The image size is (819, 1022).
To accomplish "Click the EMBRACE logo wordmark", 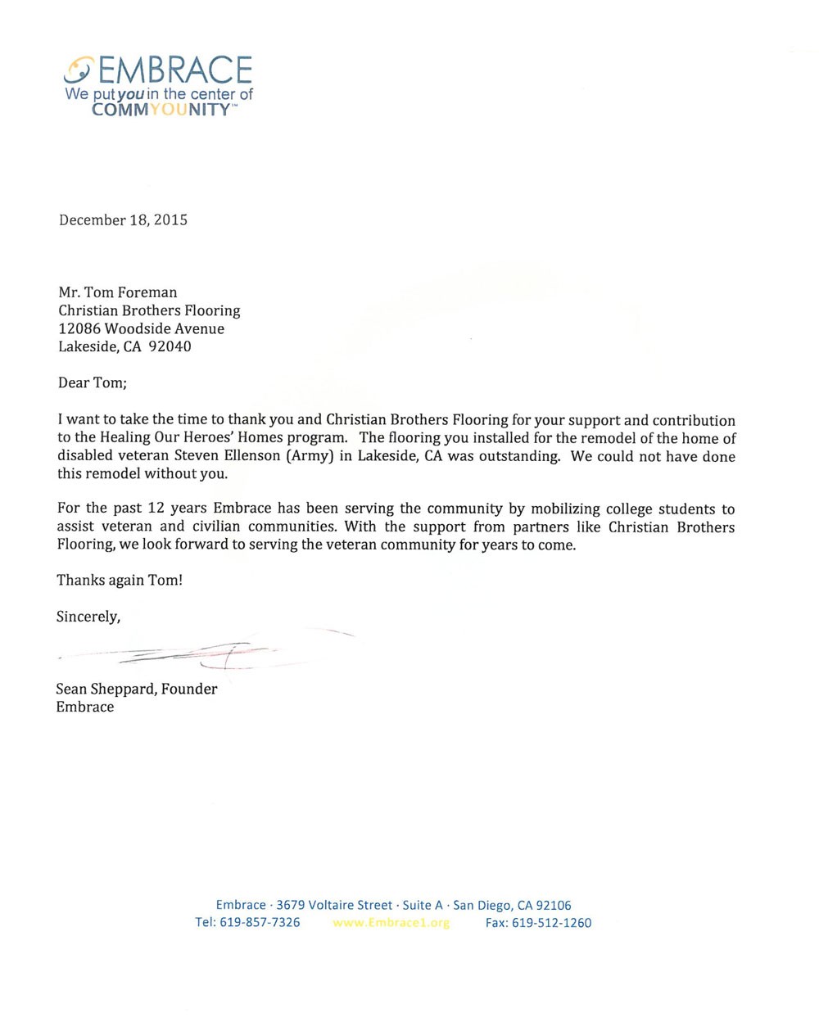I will coord(174,70).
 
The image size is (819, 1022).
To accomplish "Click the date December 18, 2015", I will coord(123,219).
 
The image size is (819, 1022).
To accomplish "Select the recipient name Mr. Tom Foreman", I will coord(117,292).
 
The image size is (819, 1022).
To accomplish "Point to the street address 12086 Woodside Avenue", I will coord(141,328).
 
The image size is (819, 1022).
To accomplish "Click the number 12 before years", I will coord(156,509).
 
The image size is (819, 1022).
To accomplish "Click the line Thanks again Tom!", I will coord(120,581).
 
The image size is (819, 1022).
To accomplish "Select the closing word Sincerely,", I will coord(88,617).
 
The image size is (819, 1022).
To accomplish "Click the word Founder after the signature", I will coord(189,689).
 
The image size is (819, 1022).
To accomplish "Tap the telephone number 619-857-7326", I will coord(260,922).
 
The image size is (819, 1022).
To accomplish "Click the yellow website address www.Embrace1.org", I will coord(391,922).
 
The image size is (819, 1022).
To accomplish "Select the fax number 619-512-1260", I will coord(551,922).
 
